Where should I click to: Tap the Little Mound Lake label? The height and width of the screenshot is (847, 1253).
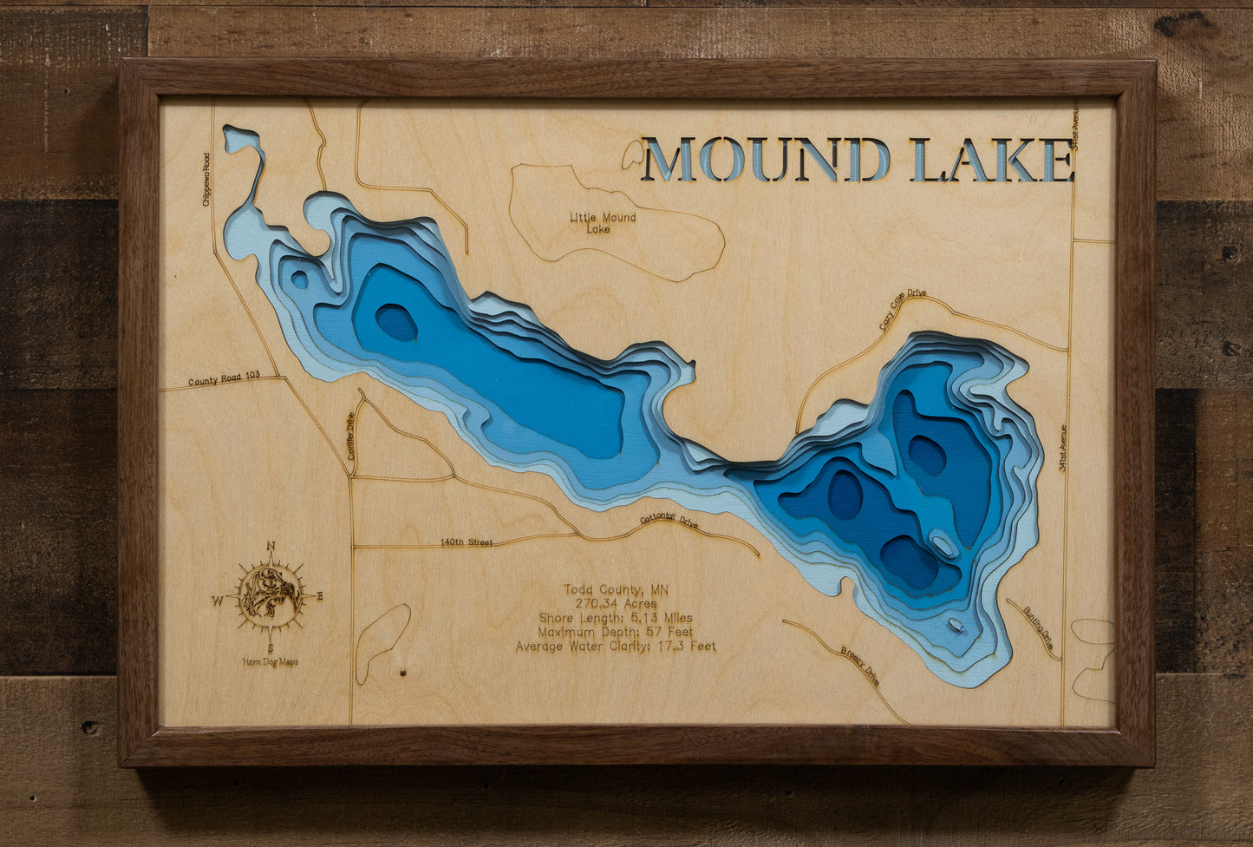pos(602,223)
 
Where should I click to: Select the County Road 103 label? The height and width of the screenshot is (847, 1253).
pos(224,380)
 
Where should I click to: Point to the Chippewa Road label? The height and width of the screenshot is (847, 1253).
pos(206,179)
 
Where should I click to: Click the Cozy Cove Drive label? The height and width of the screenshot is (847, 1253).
pos(902,310)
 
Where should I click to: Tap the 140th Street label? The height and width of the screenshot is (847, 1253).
pos(466,542)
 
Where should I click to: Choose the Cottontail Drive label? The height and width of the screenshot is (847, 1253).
pos(669,521)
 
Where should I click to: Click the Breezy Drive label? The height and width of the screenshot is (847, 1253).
pos(859,666)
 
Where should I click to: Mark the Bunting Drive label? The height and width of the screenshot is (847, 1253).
pos(1038,627)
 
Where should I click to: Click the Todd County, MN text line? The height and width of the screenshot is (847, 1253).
pos(616,590)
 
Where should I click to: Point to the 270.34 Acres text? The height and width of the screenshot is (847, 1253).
pos(616,604)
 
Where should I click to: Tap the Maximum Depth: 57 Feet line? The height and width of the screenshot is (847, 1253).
pos(616,632)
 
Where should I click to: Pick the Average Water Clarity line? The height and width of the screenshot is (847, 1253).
pos(616,647)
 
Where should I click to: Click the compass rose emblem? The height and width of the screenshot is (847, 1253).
pos(271,595)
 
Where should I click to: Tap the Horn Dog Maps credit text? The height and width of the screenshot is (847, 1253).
pos(271,662)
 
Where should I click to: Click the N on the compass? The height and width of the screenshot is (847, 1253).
pos(271,546)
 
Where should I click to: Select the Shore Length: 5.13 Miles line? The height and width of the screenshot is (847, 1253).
pos(616,618)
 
